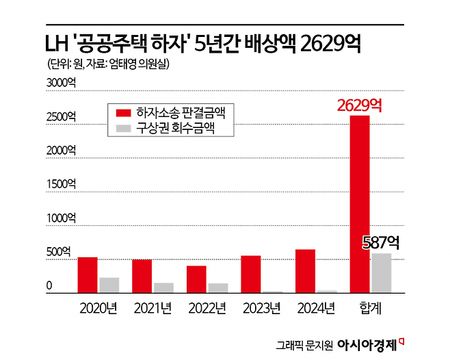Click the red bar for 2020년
87,275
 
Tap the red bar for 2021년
142,277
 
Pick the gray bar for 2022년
218,288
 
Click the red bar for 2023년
251,274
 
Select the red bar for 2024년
305,271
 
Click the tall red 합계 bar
360,204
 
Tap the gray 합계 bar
381,273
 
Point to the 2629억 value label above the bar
359,105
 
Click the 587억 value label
381,242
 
